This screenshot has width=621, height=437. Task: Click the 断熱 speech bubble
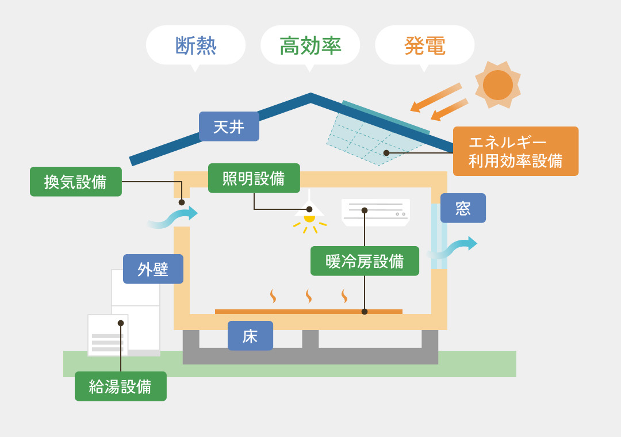click(x=195, y=45)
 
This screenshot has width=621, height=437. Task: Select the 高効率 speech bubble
click(x=310, y=45)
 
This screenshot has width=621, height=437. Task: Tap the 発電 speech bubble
click(x=424, y=45)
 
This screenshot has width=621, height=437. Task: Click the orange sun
click(x=498, y=85)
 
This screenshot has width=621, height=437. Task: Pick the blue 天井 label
click(x=229, y=126)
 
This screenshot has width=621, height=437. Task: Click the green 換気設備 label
click(x=76, y=182)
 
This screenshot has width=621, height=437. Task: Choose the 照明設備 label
click(x=254, y=178)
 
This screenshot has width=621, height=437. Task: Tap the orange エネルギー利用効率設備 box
click(x=515, y=151)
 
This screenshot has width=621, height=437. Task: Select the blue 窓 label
click(x=463, y=208)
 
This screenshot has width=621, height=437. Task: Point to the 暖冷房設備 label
click(x=365, y=261)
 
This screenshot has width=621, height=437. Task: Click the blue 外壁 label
click(x=153, y=269)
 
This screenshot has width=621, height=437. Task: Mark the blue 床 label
click(x=250, y=336)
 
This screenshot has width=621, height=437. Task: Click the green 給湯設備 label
click(x=120, y=386)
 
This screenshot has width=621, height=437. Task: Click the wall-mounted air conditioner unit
click(x=375, y=212)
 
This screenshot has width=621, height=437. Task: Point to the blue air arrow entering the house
click(x=172, y=217)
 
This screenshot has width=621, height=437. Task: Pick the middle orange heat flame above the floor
click(x=309, y=296)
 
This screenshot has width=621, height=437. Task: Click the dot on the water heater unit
click(x=121, y=323)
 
